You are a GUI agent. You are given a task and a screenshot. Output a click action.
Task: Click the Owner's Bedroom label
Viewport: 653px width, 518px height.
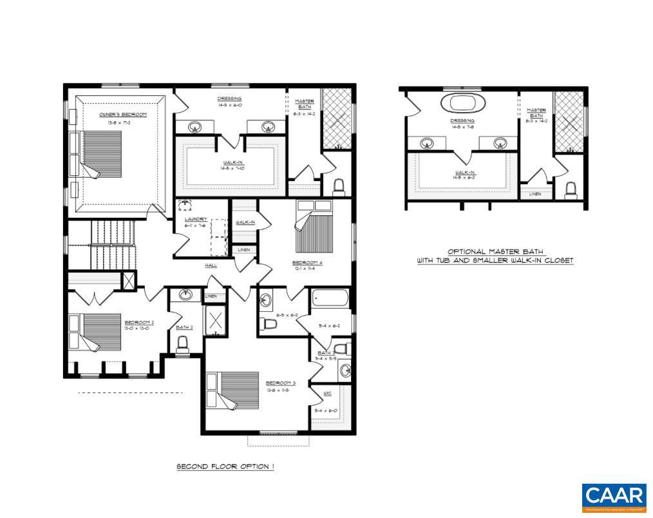tap(122, 114)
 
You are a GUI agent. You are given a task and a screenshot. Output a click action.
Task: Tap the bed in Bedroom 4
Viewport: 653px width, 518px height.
tap(315, 229)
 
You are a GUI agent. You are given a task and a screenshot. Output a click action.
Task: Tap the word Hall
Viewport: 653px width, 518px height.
tap(211, 265)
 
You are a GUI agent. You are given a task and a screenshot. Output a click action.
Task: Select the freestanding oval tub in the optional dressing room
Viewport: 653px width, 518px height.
tap(462, 102)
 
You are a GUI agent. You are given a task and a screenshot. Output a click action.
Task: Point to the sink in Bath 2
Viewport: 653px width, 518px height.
tap(185, 296)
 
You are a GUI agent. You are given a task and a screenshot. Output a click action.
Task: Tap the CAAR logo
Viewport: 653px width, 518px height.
tap(614, 497)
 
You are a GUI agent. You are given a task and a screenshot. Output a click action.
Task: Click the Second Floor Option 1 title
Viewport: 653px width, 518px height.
tap(225, 466)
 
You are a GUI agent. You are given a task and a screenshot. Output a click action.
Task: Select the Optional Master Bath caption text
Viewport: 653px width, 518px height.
tap(495, 256)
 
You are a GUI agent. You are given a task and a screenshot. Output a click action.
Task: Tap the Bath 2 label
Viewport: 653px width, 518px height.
tap(184, 327)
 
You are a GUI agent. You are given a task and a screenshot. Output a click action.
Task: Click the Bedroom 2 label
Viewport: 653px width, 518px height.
tap(139, 322)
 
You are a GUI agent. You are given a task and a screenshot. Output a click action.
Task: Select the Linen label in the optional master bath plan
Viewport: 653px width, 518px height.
tap(535, 194)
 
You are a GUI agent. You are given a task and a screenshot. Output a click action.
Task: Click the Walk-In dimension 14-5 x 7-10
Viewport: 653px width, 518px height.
tap(231, 170)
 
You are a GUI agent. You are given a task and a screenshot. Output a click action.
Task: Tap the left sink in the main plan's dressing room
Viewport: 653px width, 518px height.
tap(195, 126)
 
